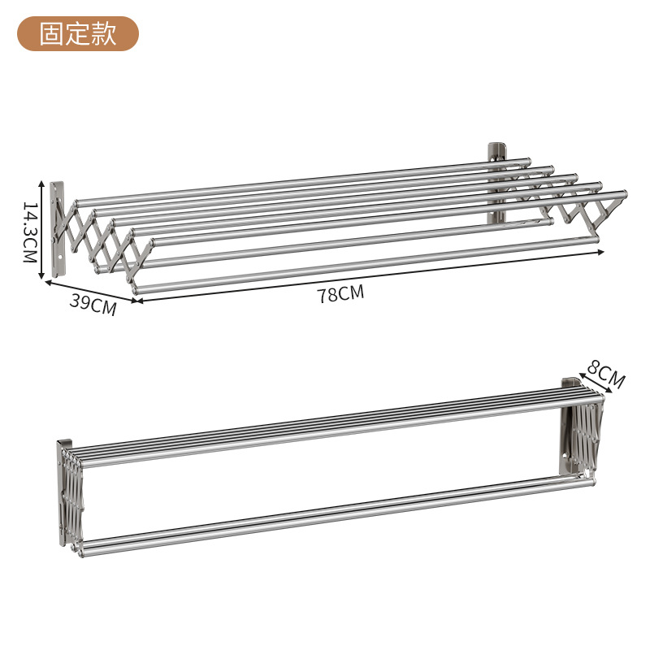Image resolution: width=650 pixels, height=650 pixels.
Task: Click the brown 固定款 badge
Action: point(79,34)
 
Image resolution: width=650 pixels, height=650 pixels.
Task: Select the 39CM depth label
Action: point(92,304)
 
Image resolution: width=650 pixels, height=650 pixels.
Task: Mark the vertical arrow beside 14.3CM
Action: point(42,231)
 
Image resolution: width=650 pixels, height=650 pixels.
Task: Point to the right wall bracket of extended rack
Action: point(496,183)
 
